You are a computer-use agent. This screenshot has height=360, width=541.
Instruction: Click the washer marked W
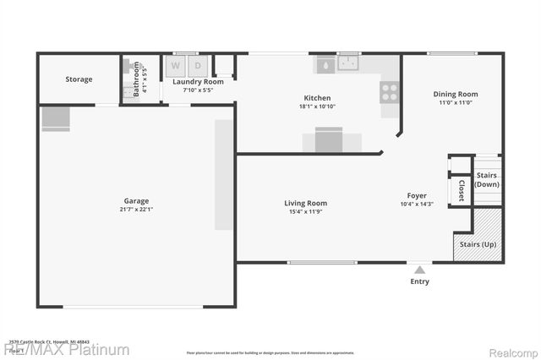pyautogui.click(x=177, y=65)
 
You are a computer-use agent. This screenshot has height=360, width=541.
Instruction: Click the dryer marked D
pyautogui.click(x=199, y=65)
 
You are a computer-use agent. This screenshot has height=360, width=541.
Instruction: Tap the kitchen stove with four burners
pyautogui.click(x=390, y=91)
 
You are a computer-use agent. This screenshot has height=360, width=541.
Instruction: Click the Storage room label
pyautogui.click(x=79, y=79)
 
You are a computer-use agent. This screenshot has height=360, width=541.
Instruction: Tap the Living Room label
pyautogui.click(x=305, y=203)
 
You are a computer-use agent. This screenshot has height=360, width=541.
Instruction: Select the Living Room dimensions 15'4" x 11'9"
pyautogui.click(x=305, y=211)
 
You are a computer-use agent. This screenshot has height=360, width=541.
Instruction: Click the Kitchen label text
pyautogui.click(x=318, y=98)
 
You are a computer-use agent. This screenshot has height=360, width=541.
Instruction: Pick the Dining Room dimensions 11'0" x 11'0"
pyautogui.click(x=456, y=103)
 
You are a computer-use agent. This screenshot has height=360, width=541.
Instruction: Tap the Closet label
pyautogui.click(x=462, y=190)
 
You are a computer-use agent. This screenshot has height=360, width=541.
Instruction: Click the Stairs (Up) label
pyautogui.click(x=478, y=244)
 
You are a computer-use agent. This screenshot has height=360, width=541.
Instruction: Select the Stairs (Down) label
pyautogui.click(x=487, y=179)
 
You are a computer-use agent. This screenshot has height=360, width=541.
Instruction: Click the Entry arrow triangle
pyautogui.click(x=419, y=269)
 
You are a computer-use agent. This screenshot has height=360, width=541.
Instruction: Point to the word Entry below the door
pyautogui.click(x=419, y=281)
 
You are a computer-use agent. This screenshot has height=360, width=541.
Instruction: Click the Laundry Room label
pyautogui.click(x=198, y=81)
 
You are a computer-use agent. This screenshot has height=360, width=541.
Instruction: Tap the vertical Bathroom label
pyautogui.click(x=136, y=78)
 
